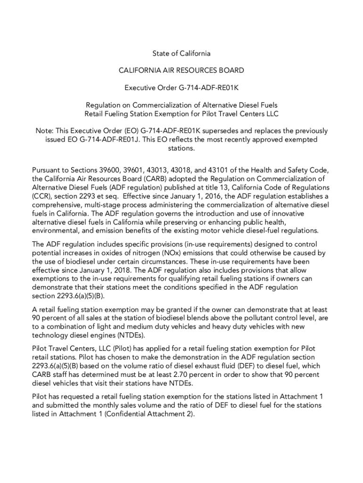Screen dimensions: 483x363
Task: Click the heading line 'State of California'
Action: [181, 53]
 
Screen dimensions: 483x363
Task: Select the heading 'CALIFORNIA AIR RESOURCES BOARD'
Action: [181, 70]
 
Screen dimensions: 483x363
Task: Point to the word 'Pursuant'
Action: [48, 170]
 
